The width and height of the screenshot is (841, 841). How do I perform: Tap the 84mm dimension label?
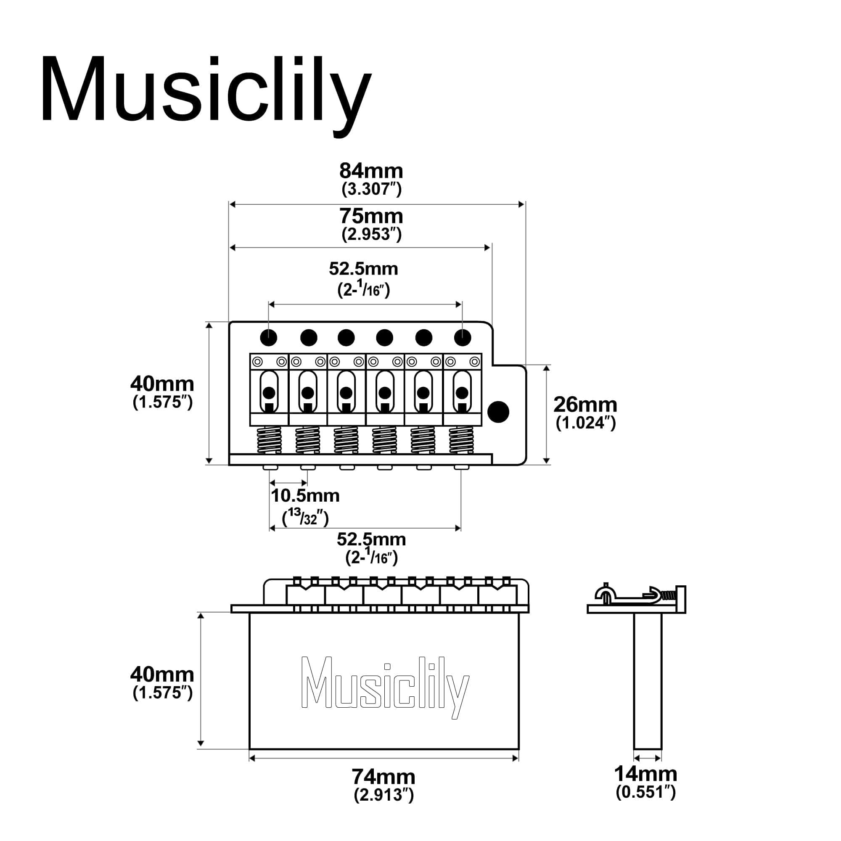(x=371, y=171)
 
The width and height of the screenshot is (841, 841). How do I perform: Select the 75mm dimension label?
(x=371, y=216)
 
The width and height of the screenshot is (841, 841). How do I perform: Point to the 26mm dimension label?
(x=585, y=405)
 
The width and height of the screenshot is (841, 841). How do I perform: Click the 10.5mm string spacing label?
(x=305, y=495)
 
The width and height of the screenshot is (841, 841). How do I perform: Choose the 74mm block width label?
(x=383, y=777)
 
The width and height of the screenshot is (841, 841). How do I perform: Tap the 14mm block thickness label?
(x=645, y=774)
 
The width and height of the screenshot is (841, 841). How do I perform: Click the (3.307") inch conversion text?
(x=371, y=189)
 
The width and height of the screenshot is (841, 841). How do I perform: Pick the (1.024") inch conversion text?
(x=585, y=423)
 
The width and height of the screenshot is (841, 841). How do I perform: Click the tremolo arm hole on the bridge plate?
(x=498, y=412)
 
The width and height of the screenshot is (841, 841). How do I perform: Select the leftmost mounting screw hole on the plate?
(x=269, y=337)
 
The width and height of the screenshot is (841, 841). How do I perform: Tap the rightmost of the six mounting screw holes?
(x=462, y=337)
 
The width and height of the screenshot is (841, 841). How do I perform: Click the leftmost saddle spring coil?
(x=269, y=440)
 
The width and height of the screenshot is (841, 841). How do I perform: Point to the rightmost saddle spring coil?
(x=461, y=440)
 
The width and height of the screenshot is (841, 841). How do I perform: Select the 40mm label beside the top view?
(x=162, y=384)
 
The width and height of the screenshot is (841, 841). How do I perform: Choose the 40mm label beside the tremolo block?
(x=162, y=675)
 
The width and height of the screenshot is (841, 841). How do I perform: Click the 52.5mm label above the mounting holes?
(x=363, y=269)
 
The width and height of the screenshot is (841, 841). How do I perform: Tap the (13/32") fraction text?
(x=305, y=517)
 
